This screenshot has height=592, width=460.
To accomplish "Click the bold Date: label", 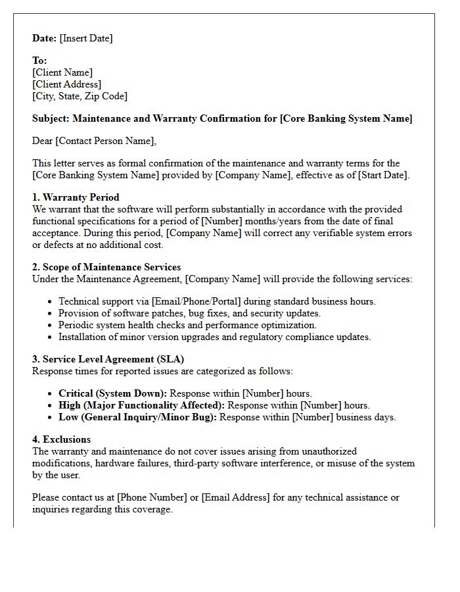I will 45,38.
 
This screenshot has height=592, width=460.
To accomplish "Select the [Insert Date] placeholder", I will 86,38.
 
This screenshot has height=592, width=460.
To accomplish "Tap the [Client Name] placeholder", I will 62,72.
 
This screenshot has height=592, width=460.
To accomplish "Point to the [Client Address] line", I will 66,84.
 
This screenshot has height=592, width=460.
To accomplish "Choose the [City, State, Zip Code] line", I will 80,96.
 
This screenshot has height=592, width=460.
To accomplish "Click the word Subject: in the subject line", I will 51,118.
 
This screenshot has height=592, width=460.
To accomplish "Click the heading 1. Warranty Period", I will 76,197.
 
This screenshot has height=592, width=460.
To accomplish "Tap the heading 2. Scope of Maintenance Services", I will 106,267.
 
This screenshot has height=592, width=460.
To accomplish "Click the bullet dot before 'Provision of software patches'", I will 51,314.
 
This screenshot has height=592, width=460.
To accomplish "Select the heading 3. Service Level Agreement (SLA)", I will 108,359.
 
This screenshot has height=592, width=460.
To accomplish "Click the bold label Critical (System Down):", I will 112,393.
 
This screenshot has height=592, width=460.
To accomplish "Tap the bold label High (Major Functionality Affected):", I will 141,405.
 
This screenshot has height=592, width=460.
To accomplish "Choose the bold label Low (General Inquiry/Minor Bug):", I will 138,417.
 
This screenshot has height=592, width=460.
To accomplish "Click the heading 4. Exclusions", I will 61,439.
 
